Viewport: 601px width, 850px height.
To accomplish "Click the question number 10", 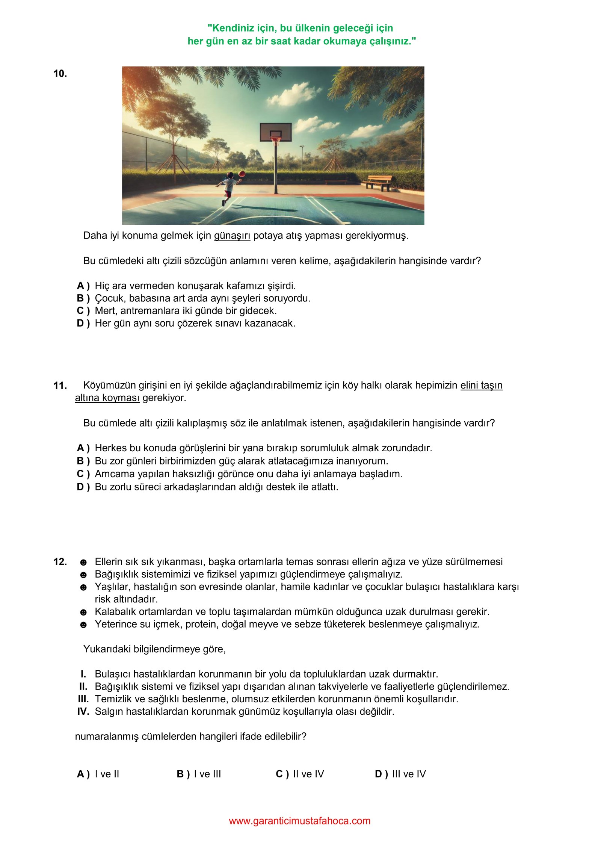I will (60, 74).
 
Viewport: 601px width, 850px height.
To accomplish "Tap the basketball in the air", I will (242, 174).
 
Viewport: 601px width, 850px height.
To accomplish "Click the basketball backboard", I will (275, 132).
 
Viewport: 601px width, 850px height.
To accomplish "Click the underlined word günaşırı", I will (232, 236).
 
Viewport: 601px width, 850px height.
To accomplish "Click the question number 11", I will (60, 386).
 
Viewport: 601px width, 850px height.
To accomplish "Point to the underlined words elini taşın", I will (481, 386).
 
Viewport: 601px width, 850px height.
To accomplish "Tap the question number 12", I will (60, 562).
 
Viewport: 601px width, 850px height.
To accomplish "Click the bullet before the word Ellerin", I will (83, 563).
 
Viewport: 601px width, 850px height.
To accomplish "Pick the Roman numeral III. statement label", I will (83, 699).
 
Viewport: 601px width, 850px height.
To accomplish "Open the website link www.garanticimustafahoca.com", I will (300, 821).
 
